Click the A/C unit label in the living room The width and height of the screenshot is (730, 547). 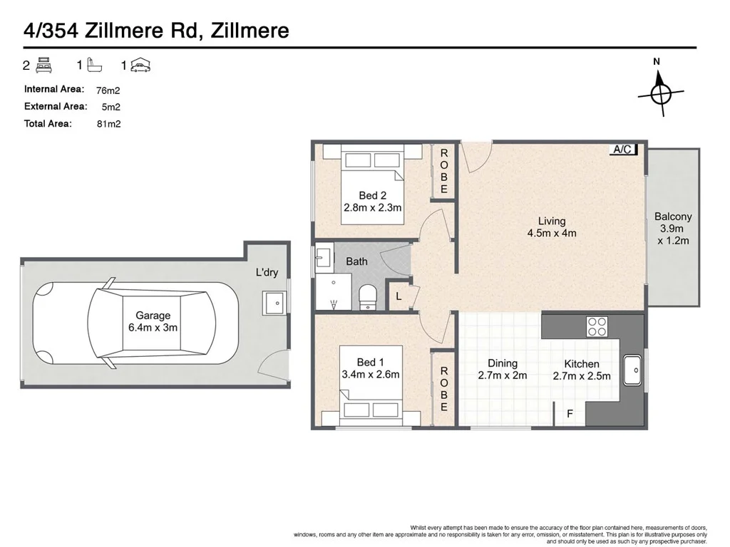tap(623, 150)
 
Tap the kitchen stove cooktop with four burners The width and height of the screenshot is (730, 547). tap(597, 326)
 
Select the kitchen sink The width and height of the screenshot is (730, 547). tap(632, 370)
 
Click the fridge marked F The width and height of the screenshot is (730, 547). tap(570, 413)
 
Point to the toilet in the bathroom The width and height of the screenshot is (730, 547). tap(368, 297)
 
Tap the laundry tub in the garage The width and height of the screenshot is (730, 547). tap(274, 303)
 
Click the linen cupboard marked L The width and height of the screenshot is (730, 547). tap(399, 296)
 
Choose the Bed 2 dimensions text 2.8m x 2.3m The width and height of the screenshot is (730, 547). tap(372, 207)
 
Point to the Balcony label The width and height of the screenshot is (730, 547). tap(673, 217)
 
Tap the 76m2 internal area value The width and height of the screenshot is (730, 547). tap(108, 90)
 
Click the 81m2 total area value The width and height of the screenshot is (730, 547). tap(108, 124)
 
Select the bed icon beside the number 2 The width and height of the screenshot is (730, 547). tap(44, 65)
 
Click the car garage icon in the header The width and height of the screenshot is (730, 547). tap(140, 66)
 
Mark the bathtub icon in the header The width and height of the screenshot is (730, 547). tap(95, 65)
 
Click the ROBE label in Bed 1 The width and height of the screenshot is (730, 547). tap(443, 389)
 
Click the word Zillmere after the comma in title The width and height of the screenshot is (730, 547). tap(250, 31)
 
